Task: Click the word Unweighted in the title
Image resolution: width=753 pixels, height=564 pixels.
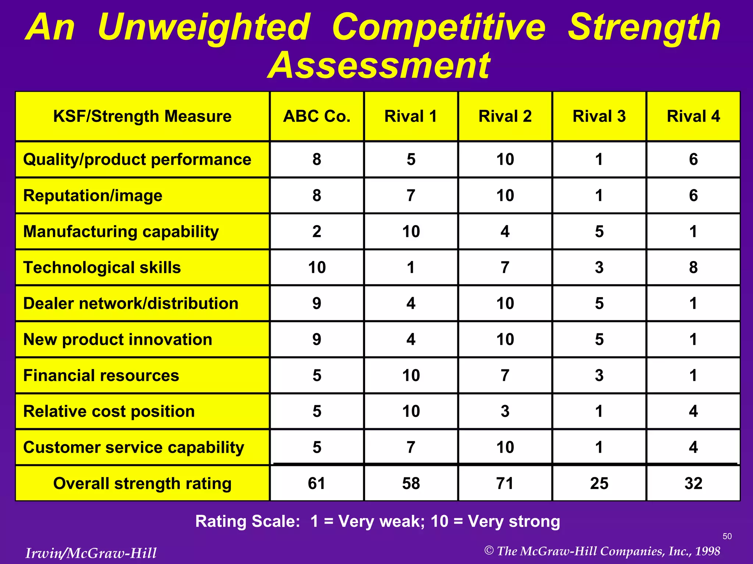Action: (204, 28)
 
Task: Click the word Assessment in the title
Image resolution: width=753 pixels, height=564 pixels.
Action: (379, 66)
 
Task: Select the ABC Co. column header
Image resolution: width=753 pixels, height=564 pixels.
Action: (317, 116)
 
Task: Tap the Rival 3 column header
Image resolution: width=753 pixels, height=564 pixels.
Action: (599, 116)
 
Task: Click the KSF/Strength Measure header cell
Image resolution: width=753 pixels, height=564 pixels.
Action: (142, 116)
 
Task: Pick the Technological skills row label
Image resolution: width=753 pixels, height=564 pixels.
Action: (102, 267)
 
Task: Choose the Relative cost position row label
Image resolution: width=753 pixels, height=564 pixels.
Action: (109, 411)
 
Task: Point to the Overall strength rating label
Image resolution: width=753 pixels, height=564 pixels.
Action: (142, 483)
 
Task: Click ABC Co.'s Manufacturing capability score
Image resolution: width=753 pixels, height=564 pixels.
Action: (317, 231)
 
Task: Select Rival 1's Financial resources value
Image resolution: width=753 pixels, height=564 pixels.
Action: (411, 375)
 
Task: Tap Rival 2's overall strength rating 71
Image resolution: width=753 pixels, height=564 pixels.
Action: (505, 483)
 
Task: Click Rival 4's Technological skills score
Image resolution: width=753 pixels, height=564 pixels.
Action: (693, 267)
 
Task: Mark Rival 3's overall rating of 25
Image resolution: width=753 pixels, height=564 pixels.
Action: (599, 483)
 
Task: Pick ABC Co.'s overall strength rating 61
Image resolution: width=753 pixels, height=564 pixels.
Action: (317, 483)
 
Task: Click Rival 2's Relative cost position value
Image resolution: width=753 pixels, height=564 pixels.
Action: (505, 411)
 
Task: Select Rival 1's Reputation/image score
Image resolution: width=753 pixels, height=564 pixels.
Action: (411, 195)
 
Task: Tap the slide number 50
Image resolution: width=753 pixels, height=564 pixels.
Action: (727, 536)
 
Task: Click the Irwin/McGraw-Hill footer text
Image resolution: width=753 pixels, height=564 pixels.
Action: (91, 553)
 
